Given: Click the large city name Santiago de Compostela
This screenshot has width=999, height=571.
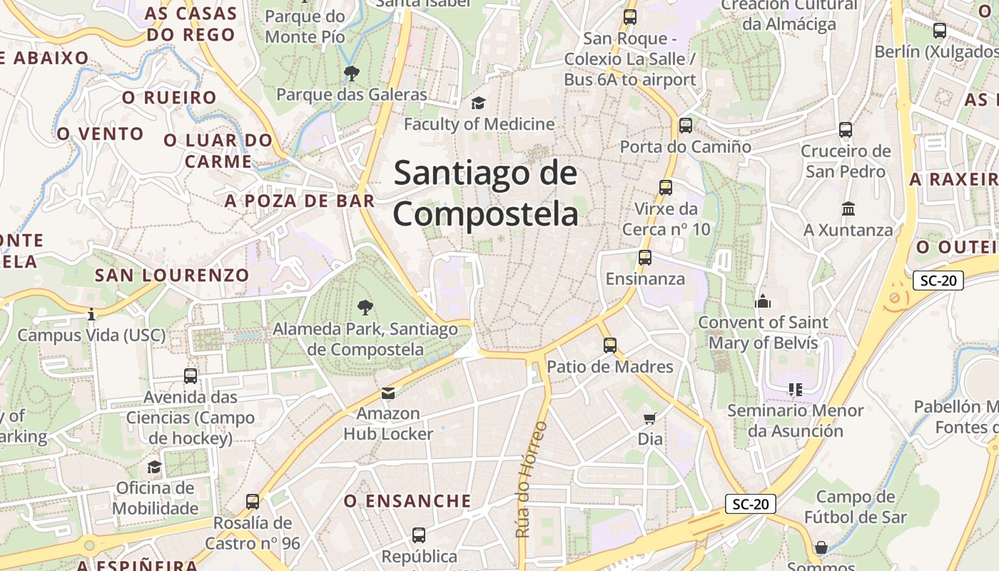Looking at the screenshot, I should point(485,193).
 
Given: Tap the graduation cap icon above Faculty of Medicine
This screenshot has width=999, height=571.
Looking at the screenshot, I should point(478,103).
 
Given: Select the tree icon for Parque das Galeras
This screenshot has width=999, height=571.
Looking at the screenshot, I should point(351,73).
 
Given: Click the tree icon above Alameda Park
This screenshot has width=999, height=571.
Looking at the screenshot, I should point(365,308).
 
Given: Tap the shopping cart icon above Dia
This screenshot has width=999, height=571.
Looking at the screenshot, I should point(649,418).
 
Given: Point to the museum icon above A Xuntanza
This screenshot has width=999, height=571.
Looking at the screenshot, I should point(848,209).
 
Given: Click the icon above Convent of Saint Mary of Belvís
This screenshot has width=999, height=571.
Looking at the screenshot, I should point(763,301).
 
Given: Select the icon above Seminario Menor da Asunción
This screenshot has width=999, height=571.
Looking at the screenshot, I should point(795,390).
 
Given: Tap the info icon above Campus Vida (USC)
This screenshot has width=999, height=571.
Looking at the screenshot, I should point(91,314).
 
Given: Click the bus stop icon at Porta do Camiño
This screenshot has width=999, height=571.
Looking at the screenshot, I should point(685,126).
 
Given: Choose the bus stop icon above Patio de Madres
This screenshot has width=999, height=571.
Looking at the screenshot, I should point(609,345).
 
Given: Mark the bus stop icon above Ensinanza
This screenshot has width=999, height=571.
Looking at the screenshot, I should point(644,258).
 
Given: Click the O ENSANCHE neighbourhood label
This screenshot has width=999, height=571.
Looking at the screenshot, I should point(407,501).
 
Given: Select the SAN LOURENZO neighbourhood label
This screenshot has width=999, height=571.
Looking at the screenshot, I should point(172,275).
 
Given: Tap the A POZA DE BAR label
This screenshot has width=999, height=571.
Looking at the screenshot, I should point(300,201).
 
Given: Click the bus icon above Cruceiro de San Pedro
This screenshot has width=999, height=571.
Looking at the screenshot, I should point(846,130).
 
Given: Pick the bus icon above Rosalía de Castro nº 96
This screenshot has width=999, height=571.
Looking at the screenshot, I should point(252,502).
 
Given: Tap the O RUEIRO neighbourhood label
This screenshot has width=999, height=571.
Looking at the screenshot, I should point(169,98).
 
